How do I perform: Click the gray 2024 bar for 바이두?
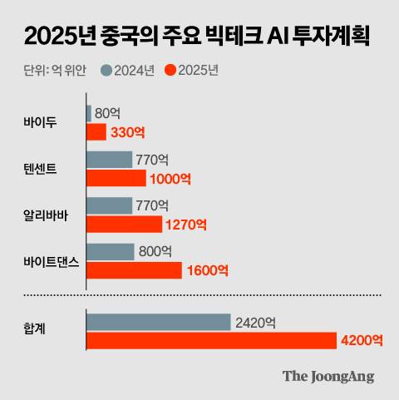pyautogui.click(x=89, y=113)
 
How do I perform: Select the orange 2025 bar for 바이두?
pyautogui.click(x=96, y=132)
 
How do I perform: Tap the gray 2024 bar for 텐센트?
pyautogui.click(x=109, y=159)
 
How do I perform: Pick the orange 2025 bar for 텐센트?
pyautogui.click(x=116, y=178)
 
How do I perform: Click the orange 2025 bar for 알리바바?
pyautogui.click(x=124, y=225)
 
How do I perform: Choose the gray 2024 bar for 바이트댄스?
pyautogui.click(x=110, y=251)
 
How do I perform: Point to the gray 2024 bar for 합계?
pyautogui.click(x=158, y=321)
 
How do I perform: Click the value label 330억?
pyautogui.click(x=128, y=132)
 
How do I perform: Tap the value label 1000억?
pyautogui.click(x=170, y=178)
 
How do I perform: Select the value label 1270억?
pyautogui.click(x=186, y=225)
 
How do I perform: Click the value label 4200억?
pyautogui.click(x=361, y=339)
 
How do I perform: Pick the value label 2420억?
pyautogui.click(x=255, y=321)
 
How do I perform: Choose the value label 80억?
pyautogui.click(x=109, y=113)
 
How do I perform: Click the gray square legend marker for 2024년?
pyautogui.click(x=106, y=69)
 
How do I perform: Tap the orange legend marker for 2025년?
pyautogui.click(x=171, y=69)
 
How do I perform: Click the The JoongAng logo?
pyautogui.click(x=328, y=376)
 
